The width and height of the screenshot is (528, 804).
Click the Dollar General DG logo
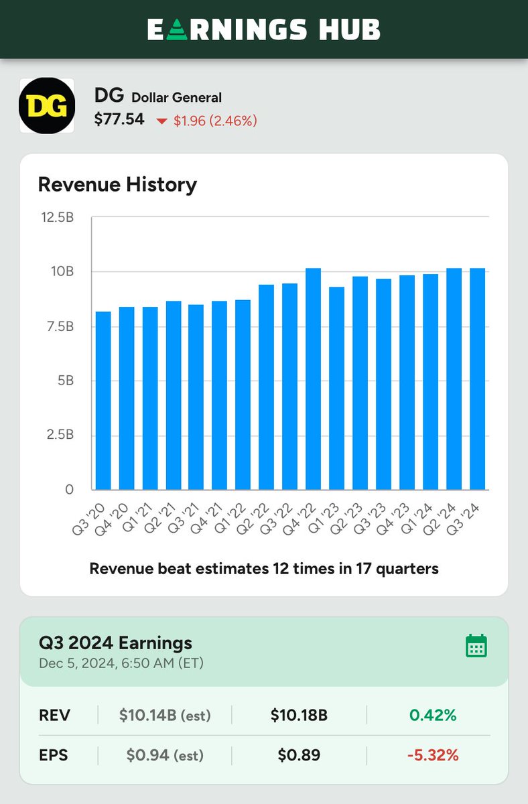pos(46,105)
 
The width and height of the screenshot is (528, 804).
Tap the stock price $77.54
pos(119,121)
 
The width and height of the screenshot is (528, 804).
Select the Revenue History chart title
pos(117,184)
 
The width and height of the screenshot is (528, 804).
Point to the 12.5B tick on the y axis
pos(57,217)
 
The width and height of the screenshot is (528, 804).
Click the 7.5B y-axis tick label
pos(60,326)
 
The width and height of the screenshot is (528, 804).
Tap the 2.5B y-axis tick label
pos(60,435)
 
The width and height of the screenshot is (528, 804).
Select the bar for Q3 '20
pos(103,401)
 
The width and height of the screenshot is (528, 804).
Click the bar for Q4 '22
pos(313,379)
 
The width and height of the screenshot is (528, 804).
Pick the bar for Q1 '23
pos(336,388)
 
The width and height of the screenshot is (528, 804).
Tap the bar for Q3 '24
pos(477,379)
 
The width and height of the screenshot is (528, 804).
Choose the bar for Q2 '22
pos(267,387)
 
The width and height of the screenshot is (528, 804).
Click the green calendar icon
pos(476,646)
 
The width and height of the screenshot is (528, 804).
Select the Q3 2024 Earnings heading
pos(115,643)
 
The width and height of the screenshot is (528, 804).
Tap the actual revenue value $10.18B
pos(299,716)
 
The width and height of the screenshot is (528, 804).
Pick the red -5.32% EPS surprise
pos(433,756)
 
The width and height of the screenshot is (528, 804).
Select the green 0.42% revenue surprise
pos(433,716)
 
